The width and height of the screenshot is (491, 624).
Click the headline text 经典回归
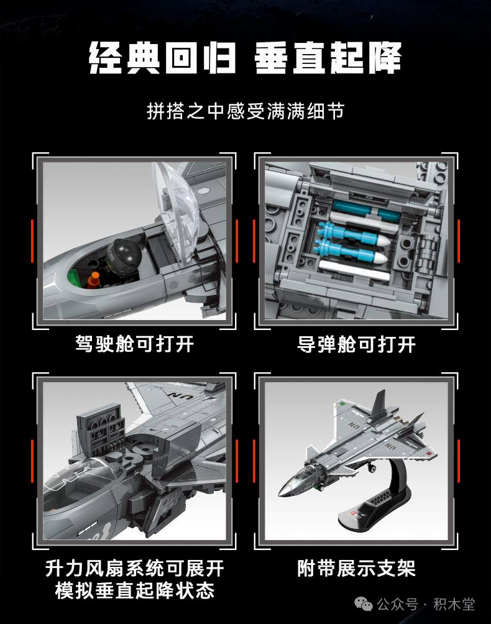coord(162,57)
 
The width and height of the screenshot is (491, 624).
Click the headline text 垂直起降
coord(327,57)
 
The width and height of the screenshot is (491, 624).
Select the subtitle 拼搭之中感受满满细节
coord(245,111)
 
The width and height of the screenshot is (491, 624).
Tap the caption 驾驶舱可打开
coord(135,344)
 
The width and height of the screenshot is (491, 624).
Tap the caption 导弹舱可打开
coord(356,344)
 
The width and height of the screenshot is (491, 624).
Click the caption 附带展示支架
coord(356,568)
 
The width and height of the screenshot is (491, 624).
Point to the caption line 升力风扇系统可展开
coord(135,568)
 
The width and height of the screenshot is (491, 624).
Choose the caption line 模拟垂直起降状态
coord(135,590)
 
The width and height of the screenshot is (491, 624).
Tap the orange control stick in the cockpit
coord(94,280)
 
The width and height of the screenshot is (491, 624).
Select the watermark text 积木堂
coord(454,604)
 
